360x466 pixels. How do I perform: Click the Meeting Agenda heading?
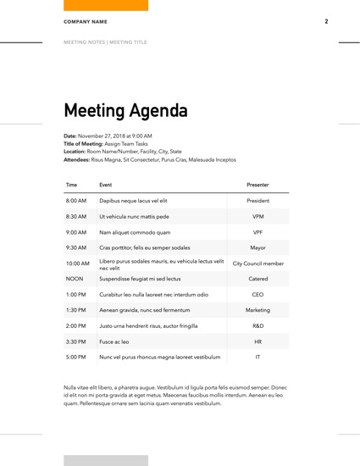(125, 111)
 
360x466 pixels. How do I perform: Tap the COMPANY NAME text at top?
(86, 21)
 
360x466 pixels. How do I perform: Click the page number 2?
(326, 21)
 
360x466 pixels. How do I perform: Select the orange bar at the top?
(105, 5)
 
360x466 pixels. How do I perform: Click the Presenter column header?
(258, 184)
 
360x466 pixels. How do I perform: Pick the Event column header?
(105, 184)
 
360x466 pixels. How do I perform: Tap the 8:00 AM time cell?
(76, 201)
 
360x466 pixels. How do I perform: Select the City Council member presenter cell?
(258, 264)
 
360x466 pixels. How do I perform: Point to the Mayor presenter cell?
(258, 247)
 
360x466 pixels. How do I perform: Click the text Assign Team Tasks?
(125, 144)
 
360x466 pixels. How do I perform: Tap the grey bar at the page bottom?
(105, 460)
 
